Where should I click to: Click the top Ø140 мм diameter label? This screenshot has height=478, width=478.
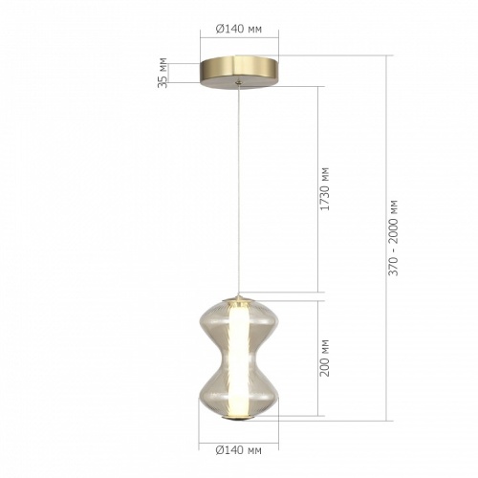pos(239,30)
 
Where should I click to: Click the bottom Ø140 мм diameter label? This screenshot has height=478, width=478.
pos(239,448)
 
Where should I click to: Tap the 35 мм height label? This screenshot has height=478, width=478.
pos(163,72)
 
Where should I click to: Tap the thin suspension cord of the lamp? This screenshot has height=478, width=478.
pos(239,191)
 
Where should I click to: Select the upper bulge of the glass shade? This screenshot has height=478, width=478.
pos(239,320)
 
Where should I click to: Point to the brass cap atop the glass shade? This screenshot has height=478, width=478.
pos(239,294)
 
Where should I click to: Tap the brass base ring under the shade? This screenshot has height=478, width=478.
pos(239,418)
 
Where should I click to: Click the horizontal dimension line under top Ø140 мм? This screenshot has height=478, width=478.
pos(239,41)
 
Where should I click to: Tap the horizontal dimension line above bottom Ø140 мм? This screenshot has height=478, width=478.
pos(239,438)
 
